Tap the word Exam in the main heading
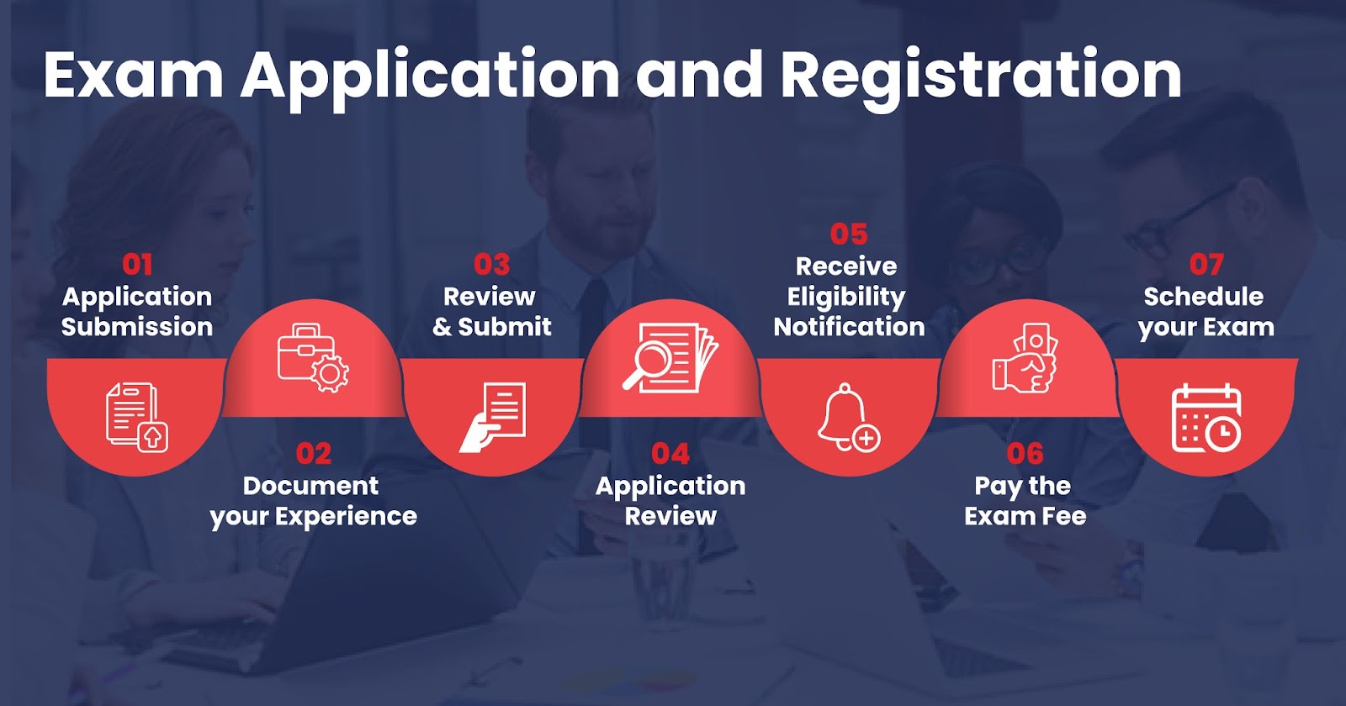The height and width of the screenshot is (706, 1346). (x=134, y=75)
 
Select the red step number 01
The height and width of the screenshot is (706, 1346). (x=138, y=265)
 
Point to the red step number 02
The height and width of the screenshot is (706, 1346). (x=314, y=454)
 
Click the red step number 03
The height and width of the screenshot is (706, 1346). (x=491, y=265)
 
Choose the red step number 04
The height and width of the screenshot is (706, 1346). (x=670, y=454)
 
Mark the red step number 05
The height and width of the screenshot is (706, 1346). (x=849, y=234)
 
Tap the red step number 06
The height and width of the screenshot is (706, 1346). (x=1025, y=454)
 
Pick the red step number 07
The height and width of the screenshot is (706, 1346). (x=1206, y=265)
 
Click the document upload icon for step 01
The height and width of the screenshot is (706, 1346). (x=137, y=417)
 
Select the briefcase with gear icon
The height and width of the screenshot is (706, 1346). (x=313, y=358)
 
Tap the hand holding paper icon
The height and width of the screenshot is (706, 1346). (x=492, y=417)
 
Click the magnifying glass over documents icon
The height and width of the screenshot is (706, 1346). (x=670, y=358)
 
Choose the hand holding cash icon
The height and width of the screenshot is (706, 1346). (x=1025, y=358)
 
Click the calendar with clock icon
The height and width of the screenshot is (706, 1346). (x=1206, y=418)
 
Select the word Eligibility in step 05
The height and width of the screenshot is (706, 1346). (x=846, y=298)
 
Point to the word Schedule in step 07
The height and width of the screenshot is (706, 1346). (x=1204, y=297)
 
